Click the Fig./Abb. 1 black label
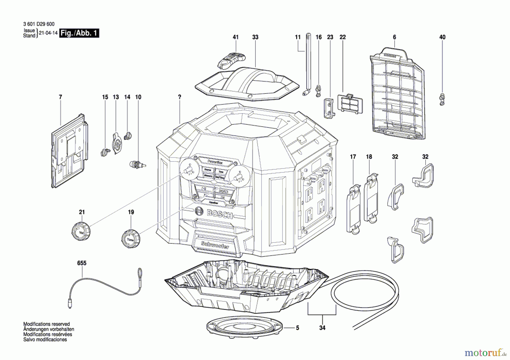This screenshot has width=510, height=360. (79, 33)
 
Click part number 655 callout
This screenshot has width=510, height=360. (82, 263)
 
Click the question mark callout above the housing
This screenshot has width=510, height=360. (180, 97)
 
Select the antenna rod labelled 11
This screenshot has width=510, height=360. (307, 65)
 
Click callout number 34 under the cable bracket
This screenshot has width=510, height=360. (322, 328)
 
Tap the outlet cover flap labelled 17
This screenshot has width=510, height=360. (353, 210)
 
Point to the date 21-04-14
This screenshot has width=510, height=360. (48, 33)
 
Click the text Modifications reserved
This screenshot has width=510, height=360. (46, 324)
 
